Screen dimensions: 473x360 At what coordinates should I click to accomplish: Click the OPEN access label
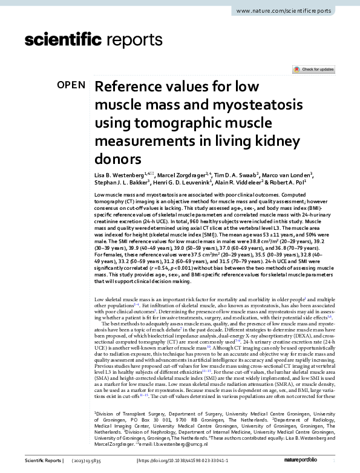coord(71,85)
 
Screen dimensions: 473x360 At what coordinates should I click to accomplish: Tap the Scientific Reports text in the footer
coord(43,462)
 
